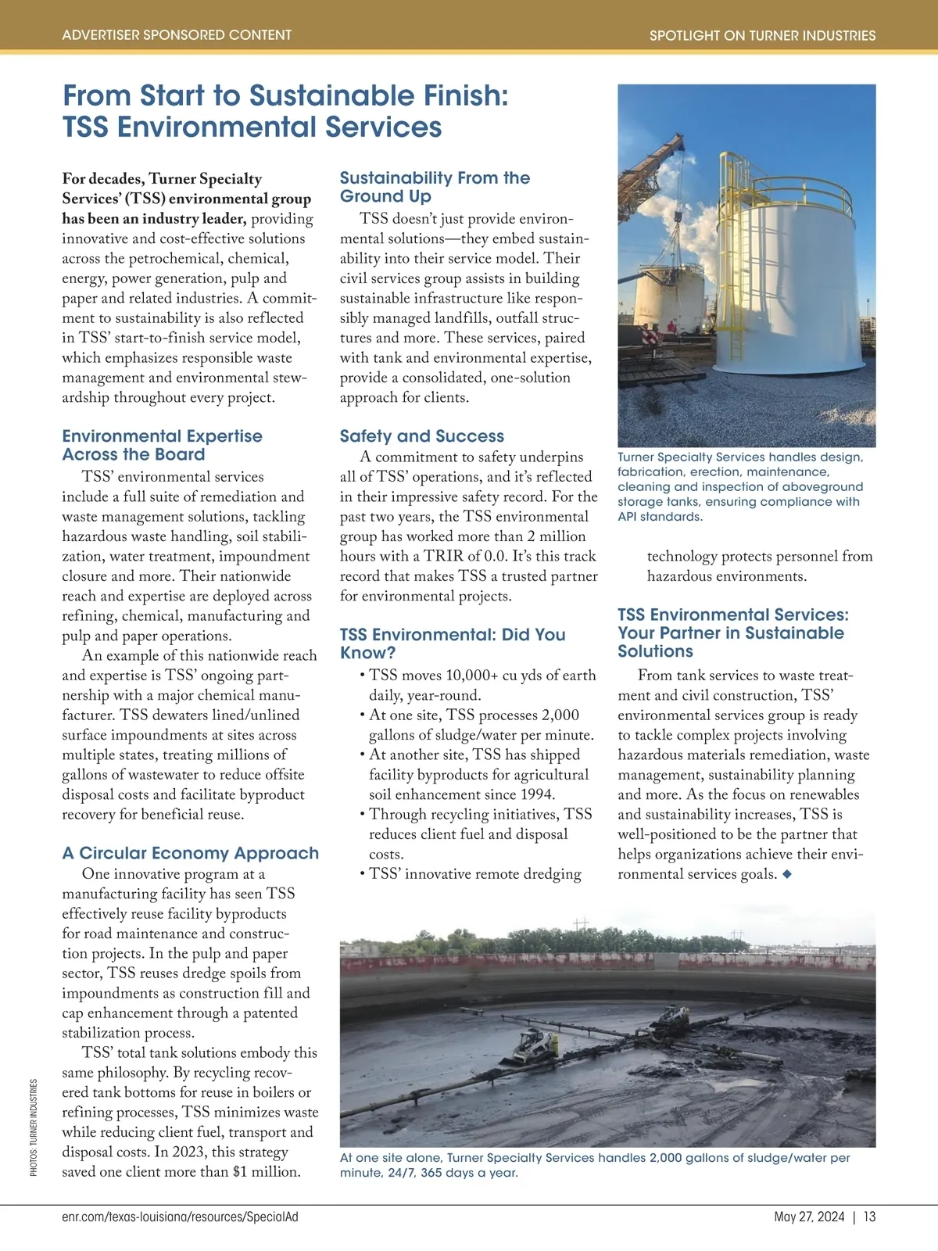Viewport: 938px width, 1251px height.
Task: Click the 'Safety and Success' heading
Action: pos(422,436)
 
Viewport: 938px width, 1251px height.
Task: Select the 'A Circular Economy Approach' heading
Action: pos(191,853)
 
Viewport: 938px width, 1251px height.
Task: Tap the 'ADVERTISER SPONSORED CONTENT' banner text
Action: pos(177,35)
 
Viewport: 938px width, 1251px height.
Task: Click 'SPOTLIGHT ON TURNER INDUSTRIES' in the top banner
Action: pos(762,36)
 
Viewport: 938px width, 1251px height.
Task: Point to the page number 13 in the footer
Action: pos(870,1217)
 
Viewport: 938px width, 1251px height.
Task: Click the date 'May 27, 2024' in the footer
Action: pos(809,1217)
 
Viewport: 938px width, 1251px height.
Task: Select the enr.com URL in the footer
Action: pos(180,1217)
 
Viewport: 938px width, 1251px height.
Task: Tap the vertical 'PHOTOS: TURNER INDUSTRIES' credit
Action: pos(34,1127)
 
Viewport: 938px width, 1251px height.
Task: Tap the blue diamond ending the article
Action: pos(787,874)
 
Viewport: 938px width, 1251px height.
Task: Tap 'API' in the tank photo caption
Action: pos(628,517)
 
